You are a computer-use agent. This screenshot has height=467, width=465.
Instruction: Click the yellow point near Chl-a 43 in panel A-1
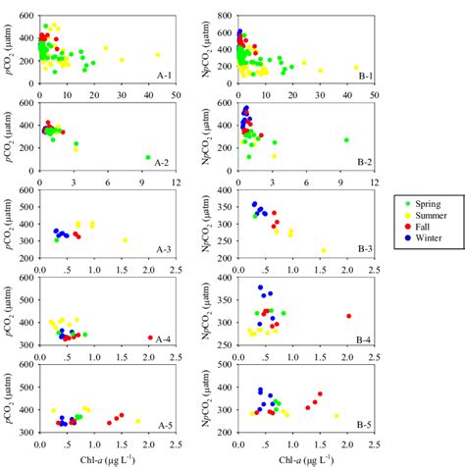157,55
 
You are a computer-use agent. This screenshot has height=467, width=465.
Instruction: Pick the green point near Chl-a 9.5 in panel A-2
147,157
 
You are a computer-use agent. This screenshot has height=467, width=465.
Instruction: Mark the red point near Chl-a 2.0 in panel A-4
149,337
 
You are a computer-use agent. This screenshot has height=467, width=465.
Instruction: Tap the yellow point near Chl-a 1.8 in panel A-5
137,421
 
